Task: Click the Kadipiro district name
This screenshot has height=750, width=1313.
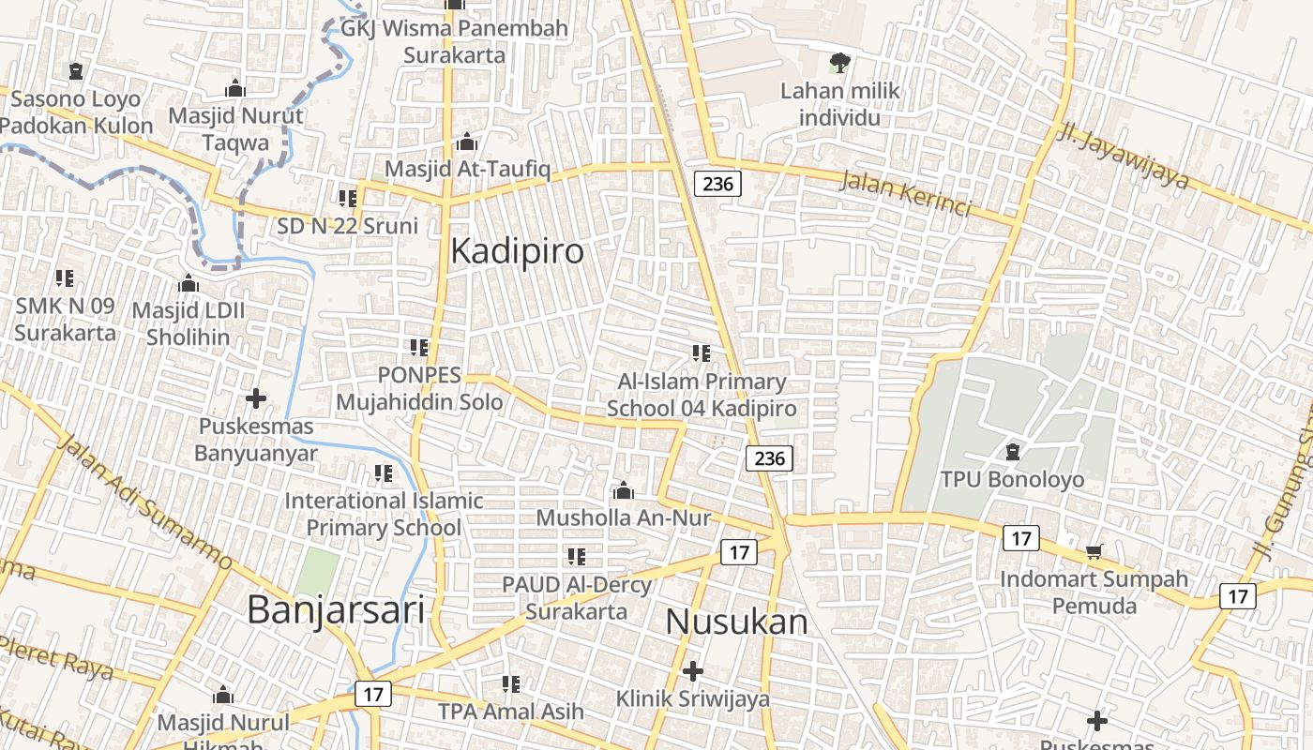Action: pyautogui.click(x=517, y=251)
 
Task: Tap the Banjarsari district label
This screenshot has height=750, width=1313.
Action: pyautogui.click(x=336, y=609)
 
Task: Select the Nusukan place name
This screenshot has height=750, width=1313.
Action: pyautogui.click(x=737, y=622)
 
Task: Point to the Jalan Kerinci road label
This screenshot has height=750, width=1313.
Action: pyautogui.click(x=904, y=193)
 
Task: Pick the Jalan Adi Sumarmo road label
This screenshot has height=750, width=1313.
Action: pyautogui.click(x=144, y=502)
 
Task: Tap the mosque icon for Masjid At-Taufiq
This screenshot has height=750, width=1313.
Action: pyautogui.click(x=467, y=143)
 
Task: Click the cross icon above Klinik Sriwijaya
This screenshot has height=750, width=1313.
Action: pyautogui.click(x=693, y=671)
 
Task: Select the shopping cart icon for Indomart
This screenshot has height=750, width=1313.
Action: pyautogui.click(x=1094, y=552)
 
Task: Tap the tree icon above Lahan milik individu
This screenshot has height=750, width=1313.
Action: pyautogui.click(x=839, y=64)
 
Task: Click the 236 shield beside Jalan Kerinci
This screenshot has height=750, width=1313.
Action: pyautogui.click(x=717, y=183)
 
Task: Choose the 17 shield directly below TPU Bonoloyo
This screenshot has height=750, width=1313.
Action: pyautogui.click(x=1020, y=538)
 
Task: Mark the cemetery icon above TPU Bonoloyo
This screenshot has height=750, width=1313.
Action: pyautogui.click(x=1012, y=453)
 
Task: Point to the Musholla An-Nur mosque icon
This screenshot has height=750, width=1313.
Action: pyautogui.click(x=623, y=490)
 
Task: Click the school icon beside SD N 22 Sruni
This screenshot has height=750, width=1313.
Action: pyautogui.click(x=348, y=198)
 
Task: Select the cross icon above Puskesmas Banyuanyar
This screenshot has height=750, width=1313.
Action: pyautogui.click(x=255, y=399)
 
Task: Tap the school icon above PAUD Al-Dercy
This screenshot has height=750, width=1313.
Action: pyautogui.click(x=576, y=557)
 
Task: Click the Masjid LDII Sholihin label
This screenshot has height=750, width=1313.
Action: pyautogui.click(x=188, y=323)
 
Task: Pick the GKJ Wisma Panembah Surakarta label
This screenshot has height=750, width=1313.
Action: pyautogui.click(x=454, y=41)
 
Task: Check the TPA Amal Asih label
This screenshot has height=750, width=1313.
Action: pyautogui.click(x=510, y=712)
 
